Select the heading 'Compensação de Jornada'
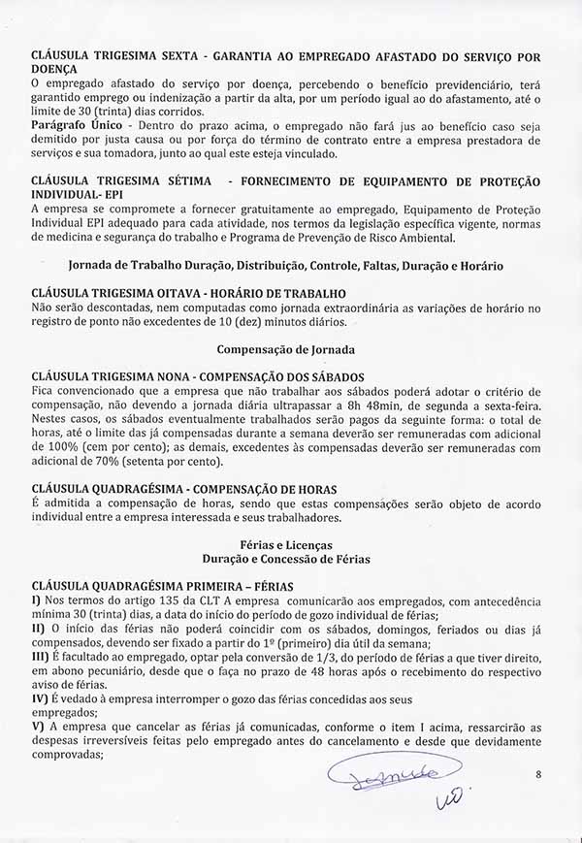tap(284, 347)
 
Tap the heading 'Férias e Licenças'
tap(285, 546)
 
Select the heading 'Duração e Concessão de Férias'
tap(285, 560)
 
